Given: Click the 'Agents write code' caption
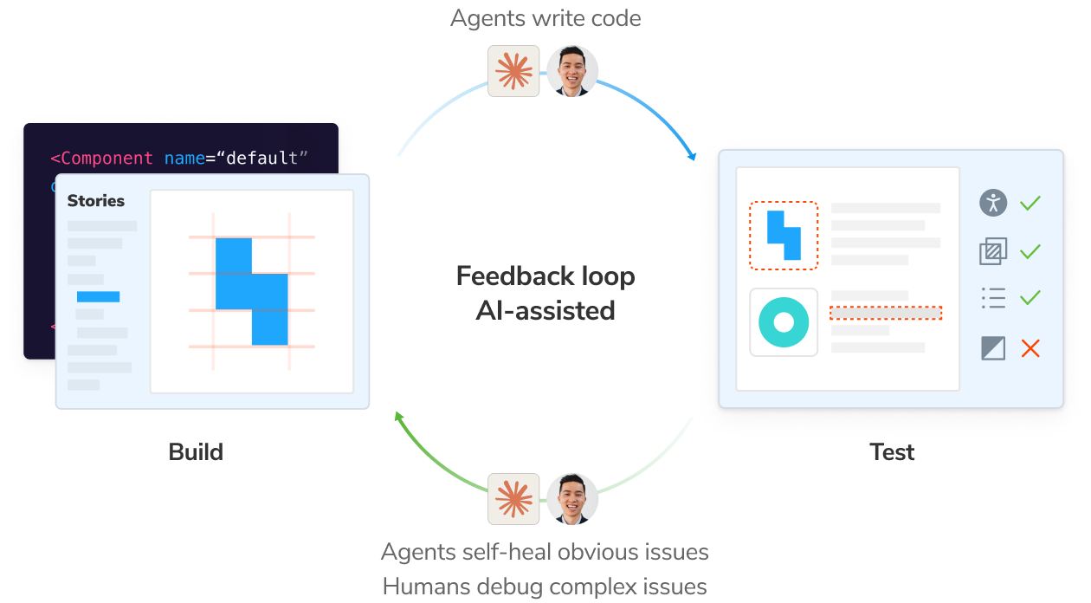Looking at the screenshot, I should pyautogui.click(x=545, y=18).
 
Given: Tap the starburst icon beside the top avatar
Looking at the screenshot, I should pyautogui.click(x=513, y=71).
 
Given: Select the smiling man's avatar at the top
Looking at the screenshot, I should pyautogui.click(x=572, y=71).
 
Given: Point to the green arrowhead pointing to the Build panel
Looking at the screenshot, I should pyautogui.click(x=400, y=418).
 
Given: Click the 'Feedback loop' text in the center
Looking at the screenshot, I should pyautogui.click(x=545, y=276).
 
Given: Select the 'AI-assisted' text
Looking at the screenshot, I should pyautogui.click(x=545, y=310).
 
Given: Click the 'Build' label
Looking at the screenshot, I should pyautogui.click(x=196, y=452).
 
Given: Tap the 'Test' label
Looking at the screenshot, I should pyautogui.click(x=892, y=452).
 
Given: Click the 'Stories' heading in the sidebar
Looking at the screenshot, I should pyautogui.click(x=96, y=201).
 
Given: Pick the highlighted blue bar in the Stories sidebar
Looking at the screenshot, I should pyautogui.click(x=98, y=297).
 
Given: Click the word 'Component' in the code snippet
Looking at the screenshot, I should pyautogui.click(x=107, y=159).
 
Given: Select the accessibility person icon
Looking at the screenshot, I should pyautogui.click(x=993, y=203).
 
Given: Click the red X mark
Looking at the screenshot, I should pyautogui.click(x=1030, y=348).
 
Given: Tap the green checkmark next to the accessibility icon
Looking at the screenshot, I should pyautogui.click(x=1030, y=204).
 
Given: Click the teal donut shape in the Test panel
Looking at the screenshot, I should pyautogui.click(x=784, y=322).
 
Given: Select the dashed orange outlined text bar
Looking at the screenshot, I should pyautogui.click(x=885, y=313).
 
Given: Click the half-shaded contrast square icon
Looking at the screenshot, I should pyautogui.click(x=993, y=348).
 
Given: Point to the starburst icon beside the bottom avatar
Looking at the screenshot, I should pyautogui.click(x=513, y=499).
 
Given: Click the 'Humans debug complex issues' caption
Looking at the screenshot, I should pyautogui.click(x=545, y=587).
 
